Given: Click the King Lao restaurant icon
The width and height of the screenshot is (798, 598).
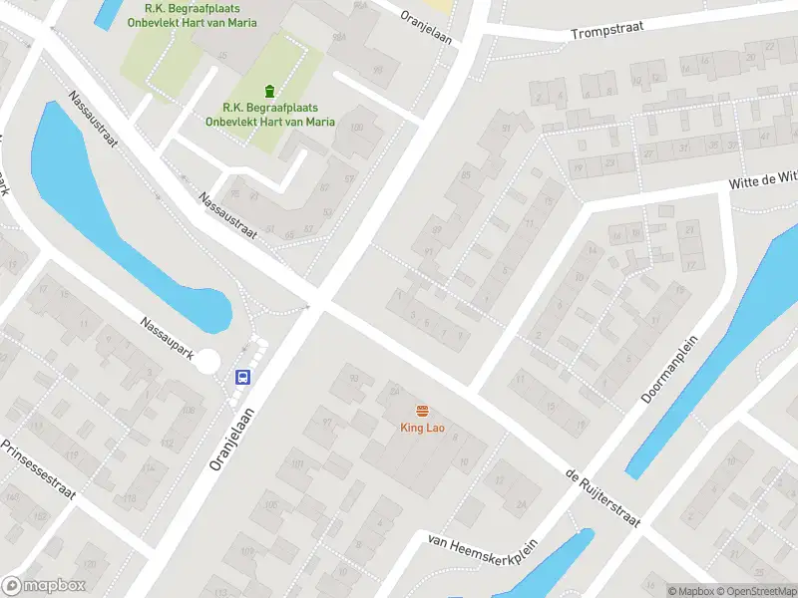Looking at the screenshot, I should [422, 412].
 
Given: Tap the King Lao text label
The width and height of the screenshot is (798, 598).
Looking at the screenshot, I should [422, 429].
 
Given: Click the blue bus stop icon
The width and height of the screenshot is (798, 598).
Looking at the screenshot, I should [241, 377].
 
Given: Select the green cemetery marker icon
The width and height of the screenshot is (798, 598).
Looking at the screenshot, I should [269, 91].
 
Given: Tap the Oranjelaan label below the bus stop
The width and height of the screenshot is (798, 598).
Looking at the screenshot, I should [228, 443].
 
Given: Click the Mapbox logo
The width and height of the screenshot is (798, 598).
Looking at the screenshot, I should [44, 586].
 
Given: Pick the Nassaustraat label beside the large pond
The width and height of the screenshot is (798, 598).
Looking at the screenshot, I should [93, 120].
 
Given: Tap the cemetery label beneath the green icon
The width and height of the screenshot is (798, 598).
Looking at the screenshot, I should [269, 115].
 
